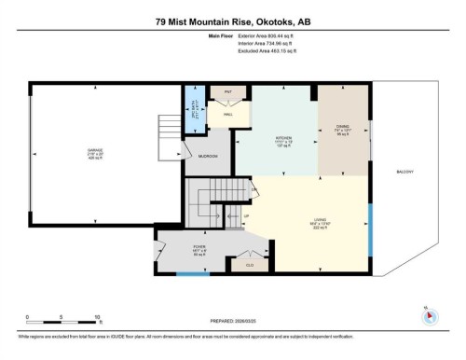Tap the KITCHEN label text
pyautogui.click(x=284, y=137)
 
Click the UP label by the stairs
pyautogui.click(x=246, y=216)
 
